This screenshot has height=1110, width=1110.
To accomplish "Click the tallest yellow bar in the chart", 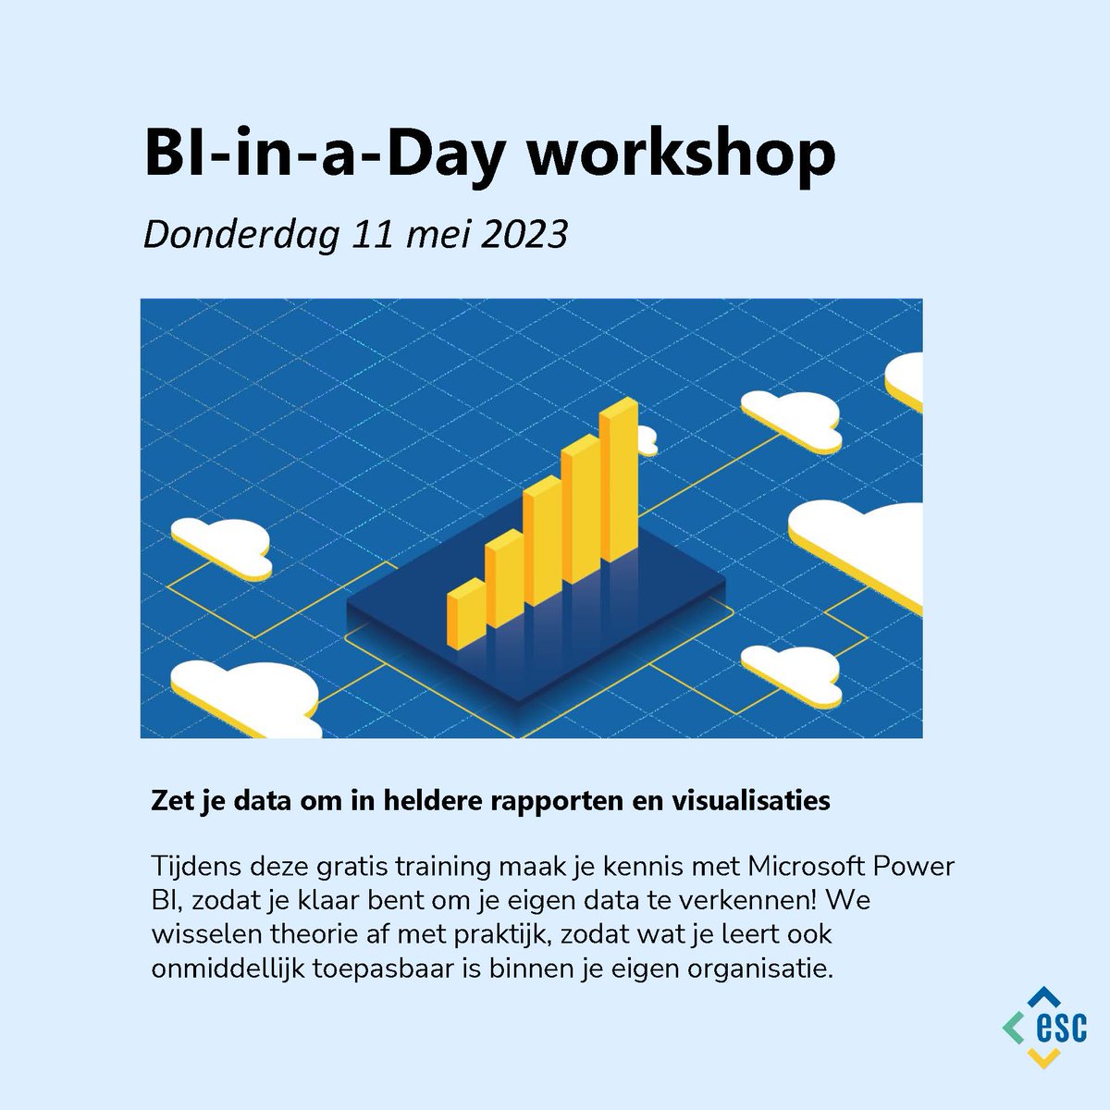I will [x=618, y=486].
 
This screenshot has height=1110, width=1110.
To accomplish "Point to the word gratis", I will [x=379, y=869].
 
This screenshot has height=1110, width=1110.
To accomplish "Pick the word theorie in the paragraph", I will [x=314, y=935].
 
